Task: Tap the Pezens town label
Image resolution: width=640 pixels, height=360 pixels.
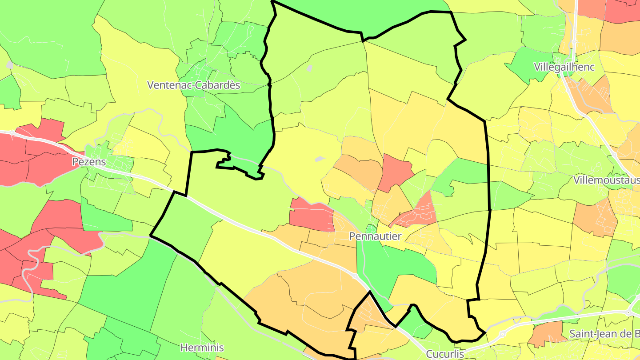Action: [89, 161]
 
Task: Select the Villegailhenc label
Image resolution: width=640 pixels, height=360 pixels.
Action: [564, 67]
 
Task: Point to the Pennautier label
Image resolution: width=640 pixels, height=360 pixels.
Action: [375, 236]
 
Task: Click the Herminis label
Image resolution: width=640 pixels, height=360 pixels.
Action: [202, 347]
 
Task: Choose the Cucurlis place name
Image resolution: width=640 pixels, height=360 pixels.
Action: [445, 354]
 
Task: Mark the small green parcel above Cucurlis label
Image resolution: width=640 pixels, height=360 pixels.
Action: [418, 324]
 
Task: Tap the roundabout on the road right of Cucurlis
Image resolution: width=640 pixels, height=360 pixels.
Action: [502, 334]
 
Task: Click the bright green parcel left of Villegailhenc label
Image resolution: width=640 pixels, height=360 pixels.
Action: [529, 64]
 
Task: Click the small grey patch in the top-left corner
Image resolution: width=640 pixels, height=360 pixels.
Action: [9, 65]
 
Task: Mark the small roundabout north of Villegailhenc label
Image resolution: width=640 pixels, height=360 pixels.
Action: [574, 41]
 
